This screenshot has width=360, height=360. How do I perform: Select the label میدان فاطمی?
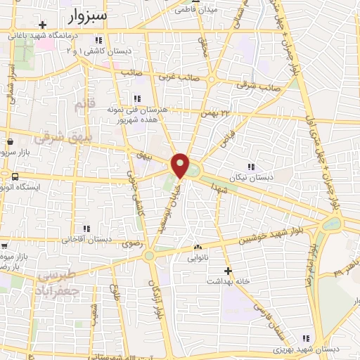[195, 10]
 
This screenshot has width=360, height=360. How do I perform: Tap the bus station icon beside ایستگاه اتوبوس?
[15, 176]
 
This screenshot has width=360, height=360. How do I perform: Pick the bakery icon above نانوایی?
[198, 247]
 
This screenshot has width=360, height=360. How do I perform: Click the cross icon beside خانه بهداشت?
[227, 271]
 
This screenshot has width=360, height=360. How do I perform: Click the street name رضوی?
[131, 244]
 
